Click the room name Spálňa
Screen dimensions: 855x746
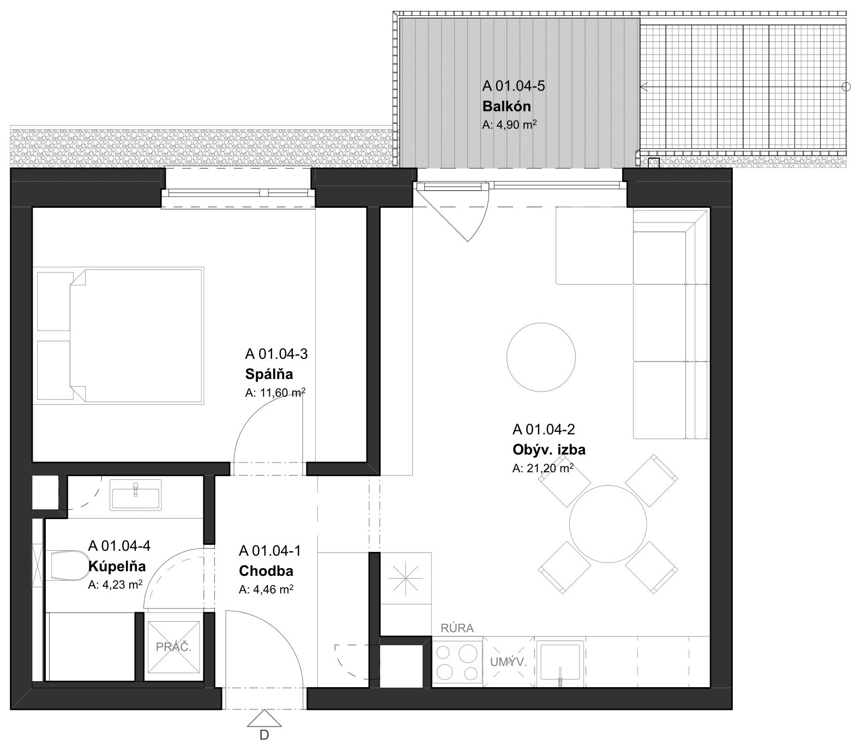click(269, 375)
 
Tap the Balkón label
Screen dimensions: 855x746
click(506, 106)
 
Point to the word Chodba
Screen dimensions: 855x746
click(266, 571)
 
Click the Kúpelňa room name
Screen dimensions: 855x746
click(117, 567)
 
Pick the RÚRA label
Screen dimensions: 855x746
click(457, 628)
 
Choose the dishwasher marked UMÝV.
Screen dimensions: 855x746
click(508, 663)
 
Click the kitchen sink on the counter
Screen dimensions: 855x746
click(560, 663)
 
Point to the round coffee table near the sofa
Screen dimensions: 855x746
click(541, 357)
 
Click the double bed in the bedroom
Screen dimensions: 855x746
click(118, 335)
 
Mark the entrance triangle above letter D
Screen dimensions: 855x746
click(264, 718)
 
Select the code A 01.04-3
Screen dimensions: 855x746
click(276, 354)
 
